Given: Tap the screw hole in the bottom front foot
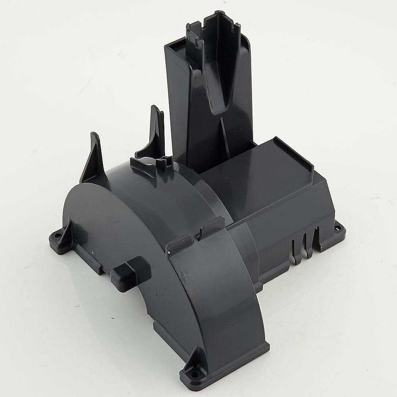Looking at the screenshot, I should [x=194, y=374].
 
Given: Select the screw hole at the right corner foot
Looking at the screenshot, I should [x=337, y=228].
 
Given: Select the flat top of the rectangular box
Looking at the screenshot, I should [x=254, y=171].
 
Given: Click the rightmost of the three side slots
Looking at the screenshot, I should [x=316, y=238].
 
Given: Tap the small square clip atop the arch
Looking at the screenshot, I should [x=164, y=163].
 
